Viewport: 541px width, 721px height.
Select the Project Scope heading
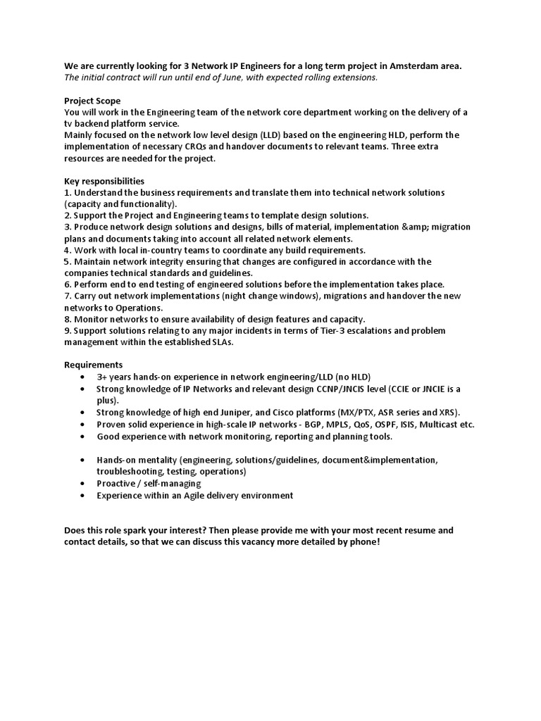pyautogui.click(x=92, y=101)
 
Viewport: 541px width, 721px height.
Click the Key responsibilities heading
pyautogui.click(x=104, y=181)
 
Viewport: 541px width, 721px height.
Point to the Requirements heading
pyautogui.click(x=93, y=365)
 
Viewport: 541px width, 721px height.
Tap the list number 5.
pyautogui.click(x=67, y=261)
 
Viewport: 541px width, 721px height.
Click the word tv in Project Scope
pyautogui.click(x=69, y=123)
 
